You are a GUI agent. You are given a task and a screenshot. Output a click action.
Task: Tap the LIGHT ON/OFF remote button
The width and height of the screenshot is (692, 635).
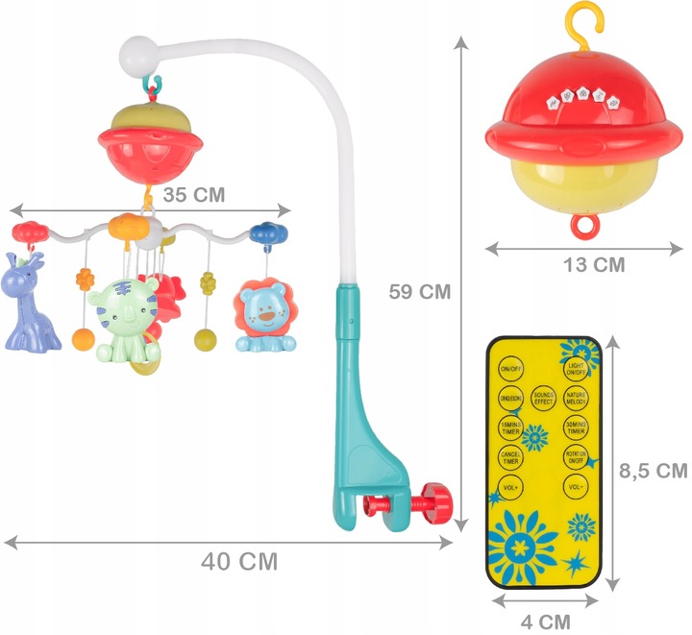click(577, 371)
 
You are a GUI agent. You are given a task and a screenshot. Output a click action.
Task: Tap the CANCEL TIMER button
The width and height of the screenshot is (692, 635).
click(509, 459)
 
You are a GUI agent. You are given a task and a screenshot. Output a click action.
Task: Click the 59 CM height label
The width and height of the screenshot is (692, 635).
click(415, 290)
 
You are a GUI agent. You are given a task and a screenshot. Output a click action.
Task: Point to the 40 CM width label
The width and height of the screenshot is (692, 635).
click(239, 561)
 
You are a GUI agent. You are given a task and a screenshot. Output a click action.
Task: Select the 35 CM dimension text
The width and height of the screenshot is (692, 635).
click(193, 194)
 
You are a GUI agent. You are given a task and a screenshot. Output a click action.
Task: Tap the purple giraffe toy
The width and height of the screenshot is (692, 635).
click(30, 303)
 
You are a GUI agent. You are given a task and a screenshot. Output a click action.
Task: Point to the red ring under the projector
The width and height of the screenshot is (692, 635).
click(582, 227)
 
